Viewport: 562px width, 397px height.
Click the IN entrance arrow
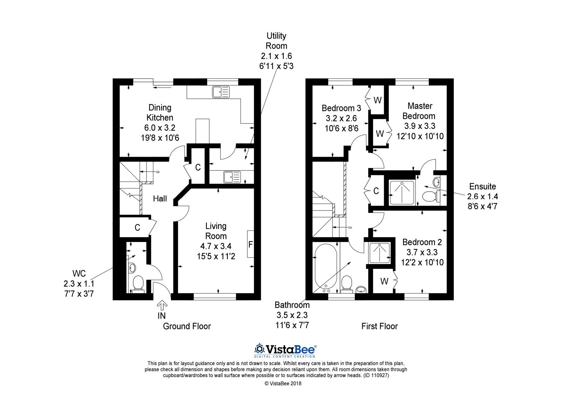click(x=162, y=304)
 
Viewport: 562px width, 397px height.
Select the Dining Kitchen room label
click(x=160, y=113)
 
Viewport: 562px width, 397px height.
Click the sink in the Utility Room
click(x=232, y=177)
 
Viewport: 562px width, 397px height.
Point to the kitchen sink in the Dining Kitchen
click(x=221, y=92)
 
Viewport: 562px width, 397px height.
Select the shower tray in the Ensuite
click(x=403, y=193)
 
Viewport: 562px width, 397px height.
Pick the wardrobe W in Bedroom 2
click(x=384, y=281)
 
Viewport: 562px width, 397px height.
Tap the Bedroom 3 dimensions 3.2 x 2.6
click(x=341, y=118)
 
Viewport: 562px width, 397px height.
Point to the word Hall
click(x=160, y=199)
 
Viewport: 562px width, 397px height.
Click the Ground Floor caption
click(x=187, y=326)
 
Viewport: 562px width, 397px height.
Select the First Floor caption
click(x=379, y=326)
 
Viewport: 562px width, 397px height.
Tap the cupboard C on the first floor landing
click(x=376, y=191)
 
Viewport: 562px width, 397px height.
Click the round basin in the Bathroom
click(x=360, y=289)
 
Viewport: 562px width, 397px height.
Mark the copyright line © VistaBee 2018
click(x=283, y=384)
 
